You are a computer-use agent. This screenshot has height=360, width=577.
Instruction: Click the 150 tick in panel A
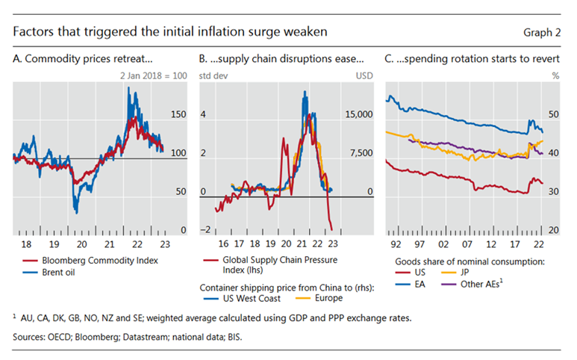(x=178, y=114)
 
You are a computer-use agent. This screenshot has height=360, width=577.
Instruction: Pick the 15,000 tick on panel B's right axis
(x=359, y=114)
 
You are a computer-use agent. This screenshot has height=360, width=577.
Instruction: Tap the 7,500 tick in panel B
(x=361, y=153)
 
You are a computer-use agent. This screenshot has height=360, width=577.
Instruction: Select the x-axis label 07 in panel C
(x=467, y=243)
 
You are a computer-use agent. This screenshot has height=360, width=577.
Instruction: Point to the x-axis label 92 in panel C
(x=396, y=243)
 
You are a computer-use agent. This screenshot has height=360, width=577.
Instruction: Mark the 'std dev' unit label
(x=210, y=75)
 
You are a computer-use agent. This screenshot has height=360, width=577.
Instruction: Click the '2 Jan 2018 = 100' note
(x=155, y=75)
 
